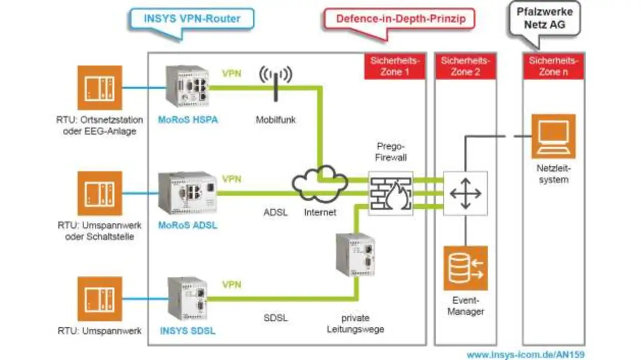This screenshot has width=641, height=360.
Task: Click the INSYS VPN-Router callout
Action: [x=192, y=19]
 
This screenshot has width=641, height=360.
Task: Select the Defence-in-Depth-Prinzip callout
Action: [x=399, y=19]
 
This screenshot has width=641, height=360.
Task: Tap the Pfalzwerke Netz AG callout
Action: [x=544, y=18]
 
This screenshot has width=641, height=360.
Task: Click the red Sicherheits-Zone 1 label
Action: [x=395, y=66]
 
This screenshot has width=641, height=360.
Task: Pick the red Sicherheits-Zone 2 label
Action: [x=465, y=66]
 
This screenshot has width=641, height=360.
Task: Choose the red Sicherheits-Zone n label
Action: [x=553, y=66]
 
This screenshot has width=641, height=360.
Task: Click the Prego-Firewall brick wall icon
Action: [x=391, y=193]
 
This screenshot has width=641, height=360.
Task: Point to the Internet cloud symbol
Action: [x=320, y=184]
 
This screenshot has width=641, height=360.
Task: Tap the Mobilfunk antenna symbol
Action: [x=275, y=80]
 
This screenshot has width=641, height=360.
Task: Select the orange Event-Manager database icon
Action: [x=465, y=268]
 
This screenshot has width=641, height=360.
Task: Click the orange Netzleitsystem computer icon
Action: [x=553, y=136]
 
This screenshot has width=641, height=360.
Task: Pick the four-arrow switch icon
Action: [x=465, y=193]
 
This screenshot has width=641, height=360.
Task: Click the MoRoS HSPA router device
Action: [x=187, y=86]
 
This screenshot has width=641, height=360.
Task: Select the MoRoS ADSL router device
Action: [x=188, y=193]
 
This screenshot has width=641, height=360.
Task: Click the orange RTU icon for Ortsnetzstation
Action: [x=100, y=88]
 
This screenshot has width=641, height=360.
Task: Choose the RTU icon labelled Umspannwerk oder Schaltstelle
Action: [x=100, y=193]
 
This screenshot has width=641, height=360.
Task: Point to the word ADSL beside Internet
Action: [x=276, y=212]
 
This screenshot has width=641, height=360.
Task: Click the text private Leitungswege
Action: [x=355, y=323]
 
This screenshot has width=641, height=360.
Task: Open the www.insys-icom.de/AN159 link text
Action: [x=526, y=355]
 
